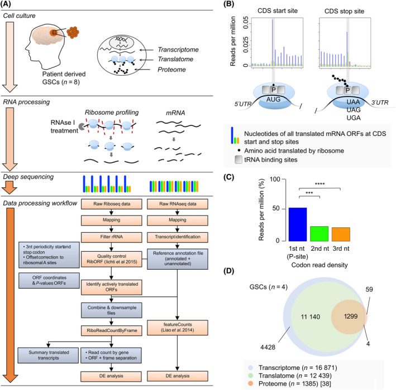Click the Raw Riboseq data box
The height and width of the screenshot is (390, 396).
pos(111,204)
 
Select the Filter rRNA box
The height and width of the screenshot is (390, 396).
pos(111,237)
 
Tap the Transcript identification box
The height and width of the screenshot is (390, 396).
pos(178,237)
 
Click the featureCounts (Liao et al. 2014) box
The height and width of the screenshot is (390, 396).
pos(178,328)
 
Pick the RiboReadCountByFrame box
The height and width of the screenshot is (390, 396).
pos(111,330)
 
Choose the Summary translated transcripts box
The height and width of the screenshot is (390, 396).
pos(48,355)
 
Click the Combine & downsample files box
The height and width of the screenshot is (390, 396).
pos(111,310)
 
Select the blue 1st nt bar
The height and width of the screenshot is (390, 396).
pos(298,225)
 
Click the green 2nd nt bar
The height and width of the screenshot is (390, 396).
pos(319,234)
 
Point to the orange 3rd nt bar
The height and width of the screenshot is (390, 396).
pos(341,235)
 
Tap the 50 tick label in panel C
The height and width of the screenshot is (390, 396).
pos(276,208)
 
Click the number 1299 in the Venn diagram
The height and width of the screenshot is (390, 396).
pos(351,316)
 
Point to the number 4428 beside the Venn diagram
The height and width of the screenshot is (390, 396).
pos(268,347)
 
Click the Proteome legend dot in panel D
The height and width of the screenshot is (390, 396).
pos(251,383)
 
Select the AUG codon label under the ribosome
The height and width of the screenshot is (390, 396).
pos(273,100)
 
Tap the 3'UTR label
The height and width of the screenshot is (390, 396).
pos(380,103)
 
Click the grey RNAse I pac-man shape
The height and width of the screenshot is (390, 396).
pos(82,126)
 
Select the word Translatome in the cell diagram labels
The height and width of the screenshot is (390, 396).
pos(175,59)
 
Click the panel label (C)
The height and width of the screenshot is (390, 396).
pos(229,177)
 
